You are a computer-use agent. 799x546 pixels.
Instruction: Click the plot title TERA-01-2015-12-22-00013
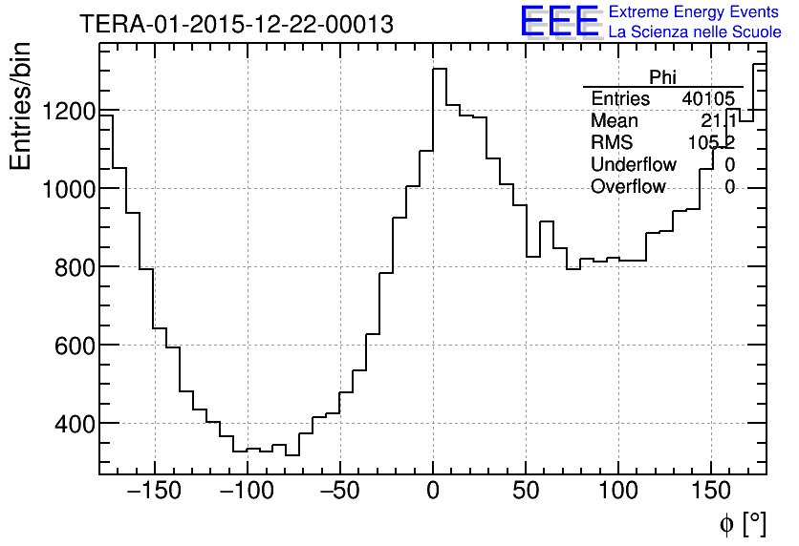pyautogui.click(x=236, y=25)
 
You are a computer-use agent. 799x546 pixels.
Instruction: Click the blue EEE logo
pyautogui.click(x=559, y=21)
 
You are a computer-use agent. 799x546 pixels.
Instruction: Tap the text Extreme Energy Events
pyautogui.click(x=695, y=12)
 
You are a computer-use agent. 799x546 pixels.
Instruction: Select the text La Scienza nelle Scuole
pyautogui.click(x=695, y=32)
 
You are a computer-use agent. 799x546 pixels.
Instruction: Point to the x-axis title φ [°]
pyautogui.click(x=742, y=523)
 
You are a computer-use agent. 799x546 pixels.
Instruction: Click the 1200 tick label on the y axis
pyautogui.click(x=68, y=112)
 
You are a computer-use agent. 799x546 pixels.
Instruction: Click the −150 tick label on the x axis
pyautogui.click(x=154, y=493)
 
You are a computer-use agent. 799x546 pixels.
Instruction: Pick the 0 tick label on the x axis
pyautogui.click(x=433, y=493)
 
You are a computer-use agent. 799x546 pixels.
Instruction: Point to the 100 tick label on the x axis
pyautogui.click(x=618, y=493)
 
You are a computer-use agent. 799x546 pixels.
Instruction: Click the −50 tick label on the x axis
pyautogui.click(x=340, y=493)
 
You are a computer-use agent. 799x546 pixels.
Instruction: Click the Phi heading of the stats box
pyautogui.click(x=662, y=77)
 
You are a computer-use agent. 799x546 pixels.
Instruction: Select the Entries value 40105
pyautogui.click(x=708, y=99)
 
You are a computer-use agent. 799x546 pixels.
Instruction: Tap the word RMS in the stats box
pyautogui.click(x=612, y=143)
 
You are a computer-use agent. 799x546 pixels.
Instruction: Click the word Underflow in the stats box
pyautogui.click(x=634, y=165)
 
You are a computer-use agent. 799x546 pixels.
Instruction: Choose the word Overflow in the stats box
pyautogui.click(x=628, y=187)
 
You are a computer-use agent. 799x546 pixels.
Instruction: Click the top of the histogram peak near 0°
pyautogui.click(x=440, y=69)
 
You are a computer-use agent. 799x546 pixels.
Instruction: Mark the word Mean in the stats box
pyautogui.click(x=615, y=121)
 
